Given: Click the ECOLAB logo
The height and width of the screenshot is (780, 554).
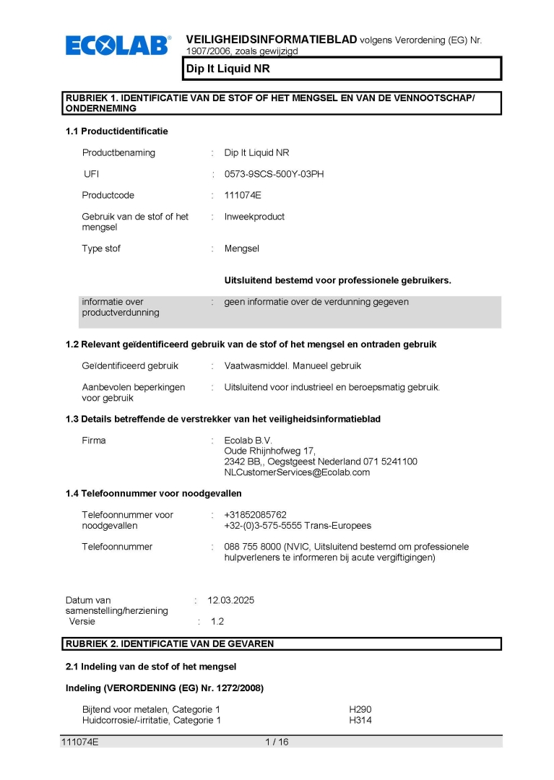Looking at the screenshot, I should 118,45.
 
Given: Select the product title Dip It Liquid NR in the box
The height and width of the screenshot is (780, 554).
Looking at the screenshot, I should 228,69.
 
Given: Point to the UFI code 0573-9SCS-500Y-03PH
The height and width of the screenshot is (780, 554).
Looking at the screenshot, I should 274,174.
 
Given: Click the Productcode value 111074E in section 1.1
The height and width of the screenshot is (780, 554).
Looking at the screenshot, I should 243,195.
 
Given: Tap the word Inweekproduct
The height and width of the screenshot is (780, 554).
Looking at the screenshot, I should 254,217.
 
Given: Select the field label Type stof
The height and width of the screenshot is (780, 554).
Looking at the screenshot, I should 101,248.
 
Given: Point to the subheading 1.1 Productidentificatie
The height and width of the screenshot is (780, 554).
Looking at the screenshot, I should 116,131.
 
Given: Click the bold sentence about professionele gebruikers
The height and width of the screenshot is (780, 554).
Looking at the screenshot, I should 337,280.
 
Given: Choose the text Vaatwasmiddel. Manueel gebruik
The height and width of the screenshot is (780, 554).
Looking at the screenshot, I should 293,365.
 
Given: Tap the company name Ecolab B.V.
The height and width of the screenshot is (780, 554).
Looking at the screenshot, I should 248,440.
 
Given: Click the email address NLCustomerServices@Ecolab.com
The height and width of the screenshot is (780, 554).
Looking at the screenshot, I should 297,472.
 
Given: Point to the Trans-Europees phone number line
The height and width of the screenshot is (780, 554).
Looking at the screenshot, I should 298,526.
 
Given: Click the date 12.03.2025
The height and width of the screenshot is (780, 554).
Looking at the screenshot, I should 231,600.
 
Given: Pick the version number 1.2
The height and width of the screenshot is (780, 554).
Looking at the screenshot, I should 217,621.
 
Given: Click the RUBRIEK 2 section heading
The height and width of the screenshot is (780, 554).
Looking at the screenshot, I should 170,643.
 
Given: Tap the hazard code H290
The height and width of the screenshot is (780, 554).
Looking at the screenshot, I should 360,710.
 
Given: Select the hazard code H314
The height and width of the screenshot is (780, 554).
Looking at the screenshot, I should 360,720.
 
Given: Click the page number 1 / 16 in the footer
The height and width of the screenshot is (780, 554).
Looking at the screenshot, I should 277,742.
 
